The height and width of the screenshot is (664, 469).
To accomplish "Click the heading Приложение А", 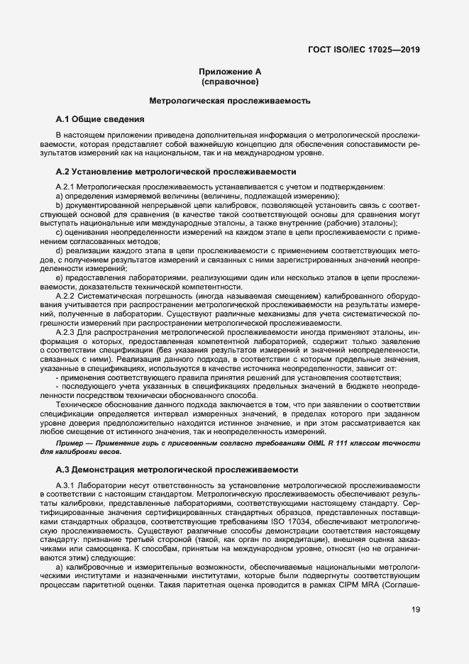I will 234,72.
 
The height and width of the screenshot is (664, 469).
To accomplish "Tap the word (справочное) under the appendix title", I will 234,82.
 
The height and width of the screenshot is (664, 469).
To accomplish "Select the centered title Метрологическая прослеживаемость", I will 234,101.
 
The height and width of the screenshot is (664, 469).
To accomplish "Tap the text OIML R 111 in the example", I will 336,443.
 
